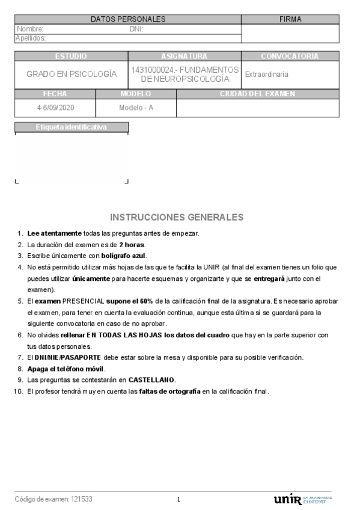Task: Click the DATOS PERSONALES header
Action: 127,20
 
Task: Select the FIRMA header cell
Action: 290,20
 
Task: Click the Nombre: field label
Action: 30,29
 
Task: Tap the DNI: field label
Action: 136,29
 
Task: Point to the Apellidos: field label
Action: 31,38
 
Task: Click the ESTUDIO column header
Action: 71,57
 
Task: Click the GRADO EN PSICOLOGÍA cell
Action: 71,75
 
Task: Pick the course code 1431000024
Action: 153,70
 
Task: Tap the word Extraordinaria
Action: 266,75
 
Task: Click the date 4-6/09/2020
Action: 55,108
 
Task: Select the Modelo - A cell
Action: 136,108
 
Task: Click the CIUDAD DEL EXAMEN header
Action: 257,94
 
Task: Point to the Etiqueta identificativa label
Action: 71,127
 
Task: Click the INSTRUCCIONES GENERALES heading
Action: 177,217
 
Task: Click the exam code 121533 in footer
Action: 82,499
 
